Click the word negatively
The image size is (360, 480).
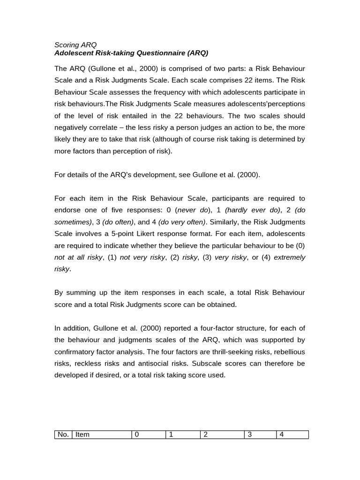[74, 127]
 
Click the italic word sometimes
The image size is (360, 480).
[73, 222]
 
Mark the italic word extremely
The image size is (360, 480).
[289, 257]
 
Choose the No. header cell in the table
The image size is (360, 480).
[63, 435]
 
